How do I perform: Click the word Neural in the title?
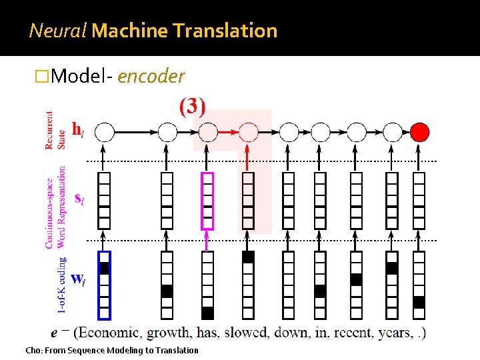coord(57,31)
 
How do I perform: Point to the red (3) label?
coord(192,107)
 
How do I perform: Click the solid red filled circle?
coord(419,132)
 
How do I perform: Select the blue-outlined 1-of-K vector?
coord(104,285)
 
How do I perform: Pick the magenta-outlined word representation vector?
coord(208,201)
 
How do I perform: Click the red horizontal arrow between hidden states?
coord(228,132)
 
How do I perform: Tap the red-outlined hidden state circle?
coord(249,132)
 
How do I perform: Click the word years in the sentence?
coord(393,333)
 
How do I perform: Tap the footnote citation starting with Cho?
coord(111,351)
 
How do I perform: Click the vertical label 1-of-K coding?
coord(62,284)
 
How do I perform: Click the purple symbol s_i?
coord(78,199)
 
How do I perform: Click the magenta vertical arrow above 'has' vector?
coord(208,241)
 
